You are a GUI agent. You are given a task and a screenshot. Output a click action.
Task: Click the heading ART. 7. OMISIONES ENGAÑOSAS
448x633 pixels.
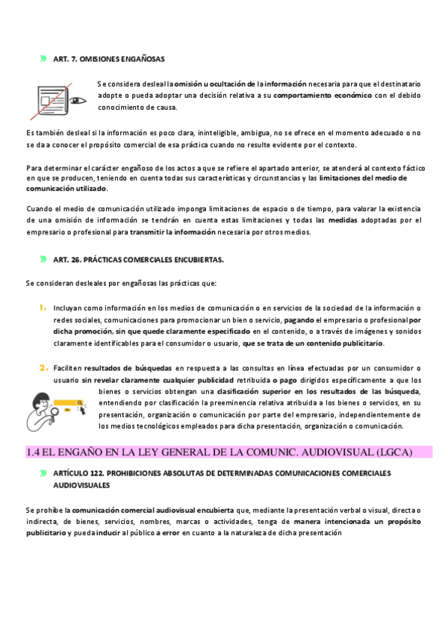(109, 58)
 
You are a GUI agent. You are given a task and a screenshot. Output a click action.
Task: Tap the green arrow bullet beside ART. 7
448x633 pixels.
(43, 58)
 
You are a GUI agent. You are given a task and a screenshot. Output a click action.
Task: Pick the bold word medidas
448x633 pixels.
(343, 220)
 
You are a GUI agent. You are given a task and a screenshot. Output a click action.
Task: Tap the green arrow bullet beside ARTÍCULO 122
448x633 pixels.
(43, 473)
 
